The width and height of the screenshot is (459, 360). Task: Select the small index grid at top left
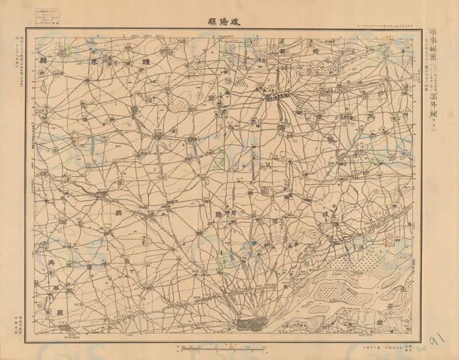(x=50, y=17)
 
